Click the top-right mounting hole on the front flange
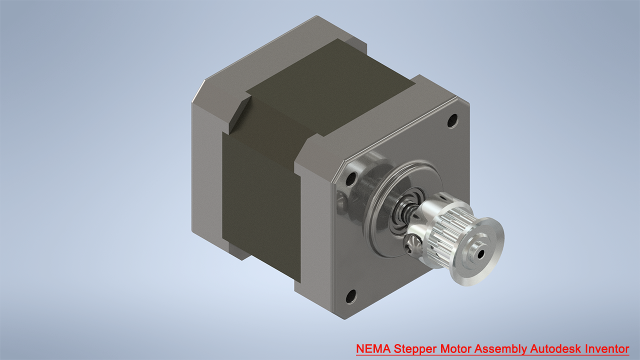click(x=452, y=120)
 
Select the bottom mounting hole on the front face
click(x=350, y=296)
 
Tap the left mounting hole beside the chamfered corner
click(x=351, y=177)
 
